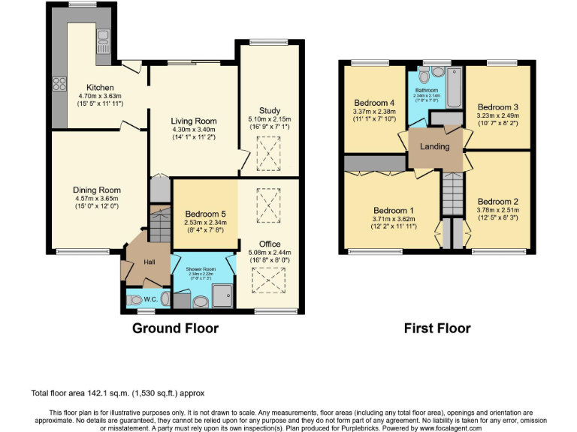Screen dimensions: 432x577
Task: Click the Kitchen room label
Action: tap(100, 87)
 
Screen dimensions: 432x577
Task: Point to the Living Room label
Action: tap(195, 121)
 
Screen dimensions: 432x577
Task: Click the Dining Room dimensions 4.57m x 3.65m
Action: tap(96, 199)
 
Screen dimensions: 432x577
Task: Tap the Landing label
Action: tap(435, 147)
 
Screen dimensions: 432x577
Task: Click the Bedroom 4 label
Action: tap(374, 103)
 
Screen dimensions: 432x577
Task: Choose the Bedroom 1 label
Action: tap(394, 209)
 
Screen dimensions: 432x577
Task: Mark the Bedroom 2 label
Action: tap(498, 201)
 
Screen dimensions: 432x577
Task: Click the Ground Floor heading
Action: tap(176, 328)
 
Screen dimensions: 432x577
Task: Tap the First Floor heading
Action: tap(437, 328)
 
